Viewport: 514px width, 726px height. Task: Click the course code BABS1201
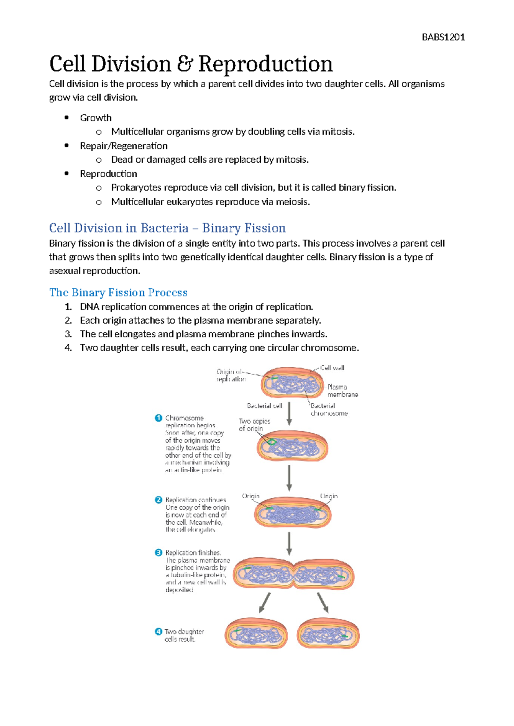click(x=443, y=37)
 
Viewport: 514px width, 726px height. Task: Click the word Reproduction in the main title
click(x=265, y=64)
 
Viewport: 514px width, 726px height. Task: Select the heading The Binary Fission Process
click(x=118, y=292)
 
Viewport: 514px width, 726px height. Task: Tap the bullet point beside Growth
click(x=66, y=118)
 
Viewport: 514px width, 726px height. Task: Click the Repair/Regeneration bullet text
click(x=123, y=146)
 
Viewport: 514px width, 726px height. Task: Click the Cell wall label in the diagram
click(x=332, y=368)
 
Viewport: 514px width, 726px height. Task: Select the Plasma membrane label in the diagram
click(x=342, y=390)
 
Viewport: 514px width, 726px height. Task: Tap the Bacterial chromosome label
click(x=329, y=409)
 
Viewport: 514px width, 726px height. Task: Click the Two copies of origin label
click(x=254, y=425)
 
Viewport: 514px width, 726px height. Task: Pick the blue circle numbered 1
click(x=158, y=418)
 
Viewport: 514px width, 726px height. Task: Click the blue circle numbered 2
click(x=158, y=500)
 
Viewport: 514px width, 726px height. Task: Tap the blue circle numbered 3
click(x=158, y=553)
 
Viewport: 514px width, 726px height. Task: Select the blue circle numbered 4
click(x=158, y=631)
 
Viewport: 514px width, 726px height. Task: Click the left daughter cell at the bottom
click(x=256, y=633)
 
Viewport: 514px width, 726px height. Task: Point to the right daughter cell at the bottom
click(x=328, y=633)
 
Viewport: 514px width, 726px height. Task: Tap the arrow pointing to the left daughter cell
click(x=265, y=603)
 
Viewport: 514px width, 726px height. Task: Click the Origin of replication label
click(x=231, y=375)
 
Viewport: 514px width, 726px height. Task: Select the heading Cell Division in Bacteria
click(x=167, y=228)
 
